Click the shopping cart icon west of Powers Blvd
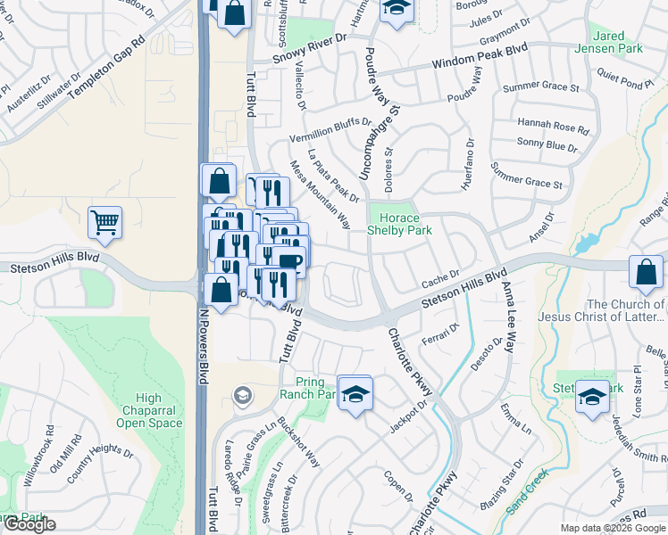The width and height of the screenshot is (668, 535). [x=105, y=224]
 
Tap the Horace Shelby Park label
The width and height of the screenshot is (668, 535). [x=400, y=224]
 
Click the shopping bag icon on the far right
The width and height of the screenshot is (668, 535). [x=646, y=272]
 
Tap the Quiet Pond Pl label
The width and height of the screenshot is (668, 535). [x=625, y=81]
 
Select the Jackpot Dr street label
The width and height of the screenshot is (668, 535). [x=409, y=416]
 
